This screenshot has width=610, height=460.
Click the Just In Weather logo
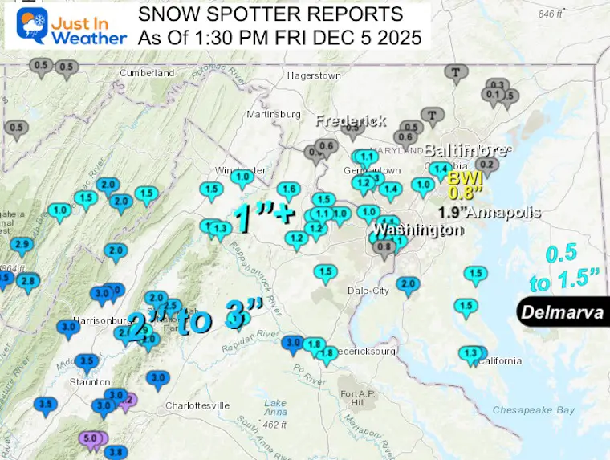[66, 26]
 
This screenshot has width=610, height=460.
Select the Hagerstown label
[314, 75]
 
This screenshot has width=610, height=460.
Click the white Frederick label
[351, 120]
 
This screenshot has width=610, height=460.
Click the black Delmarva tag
[562, 312]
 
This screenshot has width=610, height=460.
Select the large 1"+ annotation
[263, 217]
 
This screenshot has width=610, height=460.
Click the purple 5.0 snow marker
[91, 438]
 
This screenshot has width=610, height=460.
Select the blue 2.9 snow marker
[22, 245]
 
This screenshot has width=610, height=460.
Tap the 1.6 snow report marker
[289, 189]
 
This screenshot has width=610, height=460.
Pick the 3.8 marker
[116, 452]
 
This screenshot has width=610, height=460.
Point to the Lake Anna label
[275, 406]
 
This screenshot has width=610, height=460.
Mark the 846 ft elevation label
[551, 14]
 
